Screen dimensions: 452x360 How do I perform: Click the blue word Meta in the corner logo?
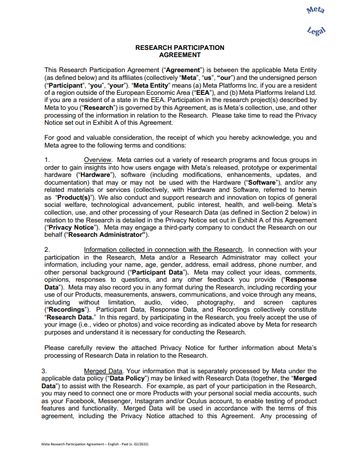coord(331,11)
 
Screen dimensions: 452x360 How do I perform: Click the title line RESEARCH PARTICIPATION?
coord(180,48)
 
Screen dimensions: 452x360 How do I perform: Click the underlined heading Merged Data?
coord(100,370)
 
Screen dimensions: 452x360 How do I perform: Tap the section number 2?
coord(47,250)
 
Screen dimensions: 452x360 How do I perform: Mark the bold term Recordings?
coord(68,309)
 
